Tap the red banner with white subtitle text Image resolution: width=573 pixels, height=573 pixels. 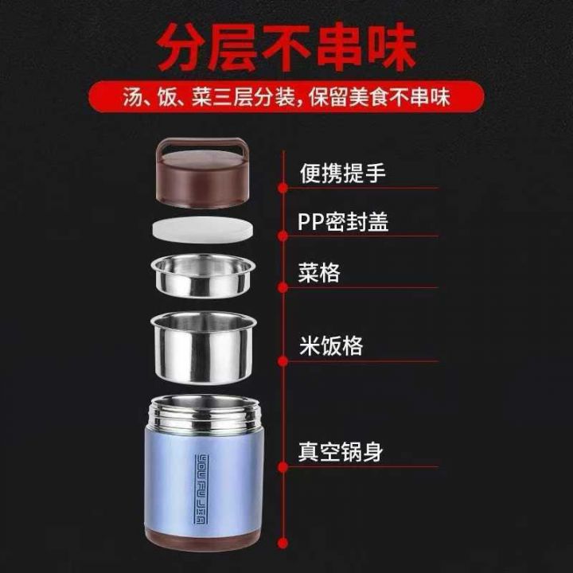point(286,97)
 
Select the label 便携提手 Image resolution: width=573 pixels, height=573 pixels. point(342,173)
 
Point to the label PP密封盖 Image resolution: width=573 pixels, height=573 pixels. point(343,221)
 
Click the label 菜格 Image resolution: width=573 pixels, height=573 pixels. point(319,273)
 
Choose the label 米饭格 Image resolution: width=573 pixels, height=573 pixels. point(331,345)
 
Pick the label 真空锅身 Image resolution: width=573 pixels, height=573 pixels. point(341,452)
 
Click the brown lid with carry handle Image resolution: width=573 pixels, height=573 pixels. point(203,173)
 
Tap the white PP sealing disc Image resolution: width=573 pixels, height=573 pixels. point(202,230)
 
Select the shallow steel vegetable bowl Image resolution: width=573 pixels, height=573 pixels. point(203,275)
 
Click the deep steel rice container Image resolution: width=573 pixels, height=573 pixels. point(203,348)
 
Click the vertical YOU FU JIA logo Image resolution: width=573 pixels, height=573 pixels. point(201,489)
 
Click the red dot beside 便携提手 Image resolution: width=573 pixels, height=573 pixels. point(283,188)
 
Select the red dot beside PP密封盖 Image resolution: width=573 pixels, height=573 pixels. point(283,236)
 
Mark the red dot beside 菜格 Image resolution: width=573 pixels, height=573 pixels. point(283,288)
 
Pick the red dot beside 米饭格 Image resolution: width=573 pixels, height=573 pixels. point(283,361)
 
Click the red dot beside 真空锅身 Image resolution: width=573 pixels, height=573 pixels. point(283,466)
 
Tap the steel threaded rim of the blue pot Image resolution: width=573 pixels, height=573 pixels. point(205,413)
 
